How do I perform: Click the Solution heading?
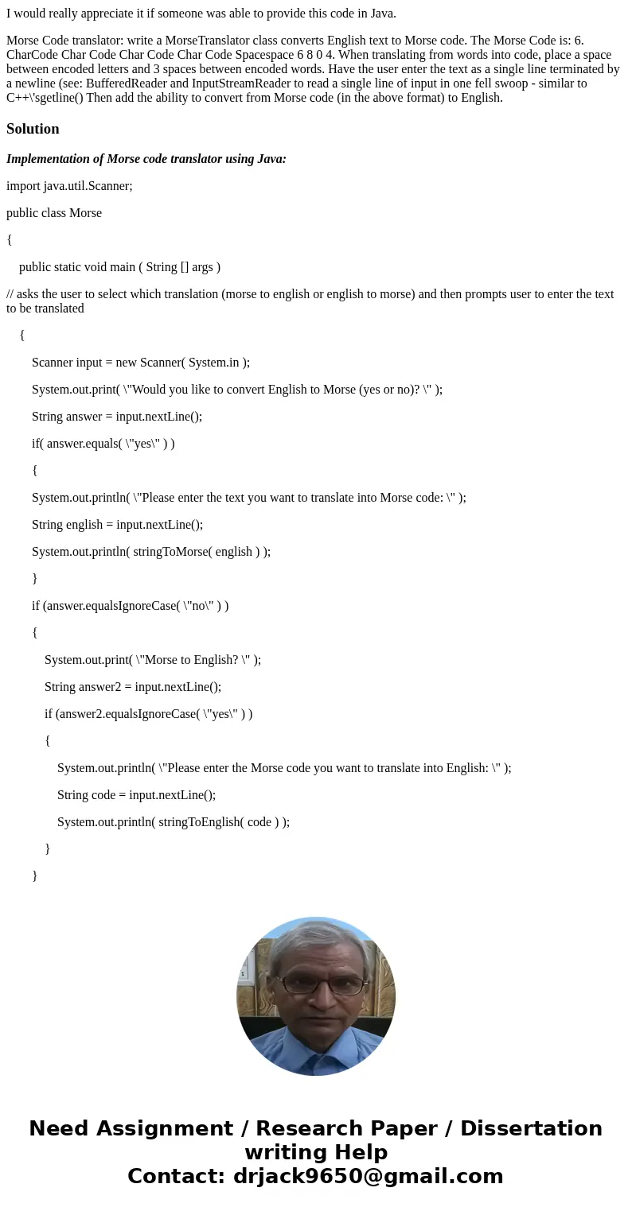(33, 129)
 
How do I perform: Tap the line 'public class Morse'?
(54, 213)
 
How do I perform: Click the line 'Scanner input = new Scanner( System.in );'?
(141, 363)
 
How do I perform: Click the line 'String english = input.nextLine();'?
(117, 525)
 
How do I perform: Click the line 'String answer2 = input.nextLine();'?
(133, 687)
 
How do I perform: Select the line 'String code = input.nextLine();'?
(136, 795)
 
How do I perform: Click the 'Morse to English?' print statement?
(153, 660)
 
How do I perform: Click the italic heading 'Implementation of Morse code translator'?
(146, 159)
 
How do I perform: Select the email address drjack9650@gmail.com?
(369, 1177)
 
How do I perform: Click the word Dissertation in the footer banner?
(531, 1129)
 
